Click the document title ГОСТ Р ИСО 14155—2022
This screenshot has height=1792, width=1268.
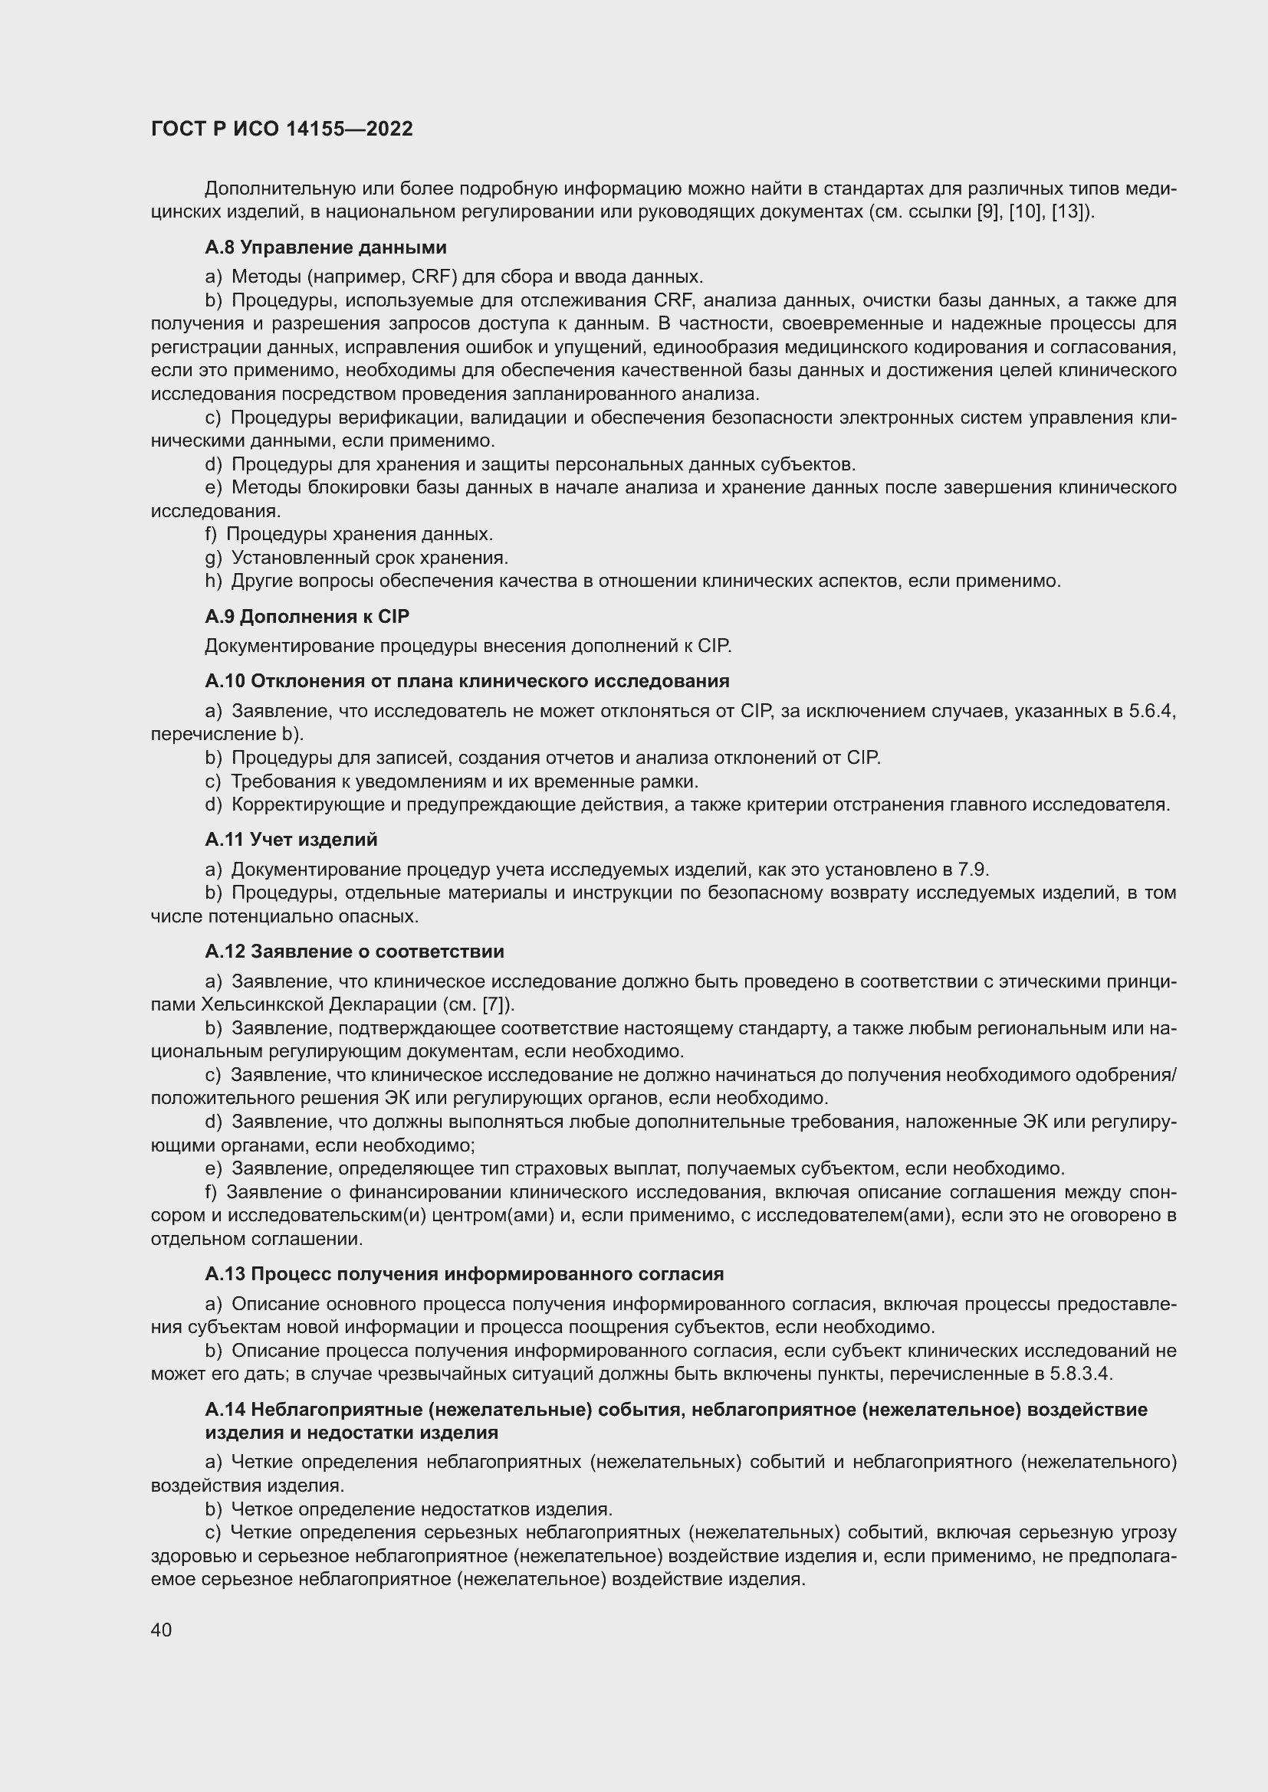point(281,129)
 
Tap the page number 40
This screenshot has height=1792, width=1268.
point(162,1630)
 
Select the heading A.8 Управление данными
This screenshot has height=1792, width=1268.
point(326,247)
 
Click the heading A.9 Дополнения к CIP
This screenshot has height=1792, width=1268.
point(307,617)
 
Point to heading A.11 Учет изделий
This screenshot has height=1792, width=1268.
point(291,840)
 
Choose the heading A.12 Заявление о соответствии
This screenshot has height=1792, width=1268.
point(354,952)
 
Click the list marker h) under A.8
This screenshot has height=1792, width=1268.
point(213,581)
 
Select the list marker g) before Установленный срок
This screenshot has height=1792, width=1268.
point(213,558)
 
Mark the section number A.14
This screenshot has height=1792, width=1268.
point(225,1410)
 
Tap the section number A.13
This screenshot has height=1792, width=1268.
point(225,1274)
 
